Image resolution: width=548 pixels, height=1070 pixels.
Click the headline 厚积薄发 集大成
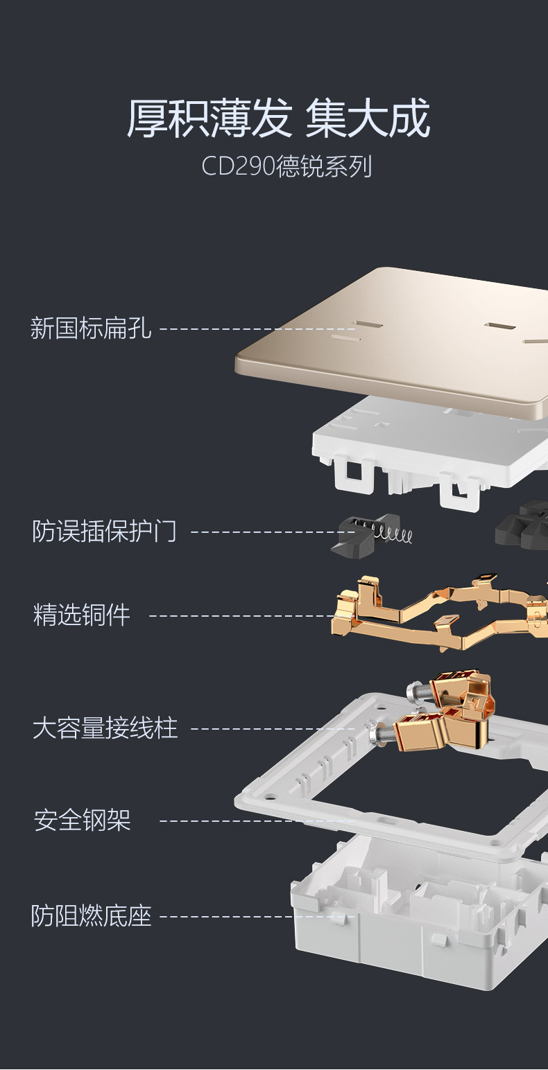point(278,118)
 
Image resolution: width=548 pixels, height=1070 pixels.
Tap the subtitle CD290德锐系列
point(286,167)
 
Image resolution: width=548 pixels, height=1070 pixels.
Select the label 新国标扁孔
point(91,328)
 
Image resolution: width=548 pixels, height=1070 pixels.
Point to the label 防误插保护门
point(105,532)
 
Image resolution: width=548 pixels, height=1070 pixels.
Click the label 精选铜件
point(82,615)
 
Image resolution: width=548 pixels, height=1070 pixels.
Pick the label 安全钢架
point(83,821)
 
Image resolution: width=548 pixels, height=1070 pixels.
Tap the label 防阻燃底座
point(91,915)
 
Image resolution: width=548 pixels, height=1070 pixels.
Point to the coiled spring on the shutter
point(393,533)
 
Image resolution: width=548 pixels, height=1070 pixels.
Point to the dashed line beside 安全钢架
point(257,821)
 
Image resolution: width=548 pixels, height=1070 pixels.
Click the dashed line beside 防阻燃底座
point(257,917)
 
